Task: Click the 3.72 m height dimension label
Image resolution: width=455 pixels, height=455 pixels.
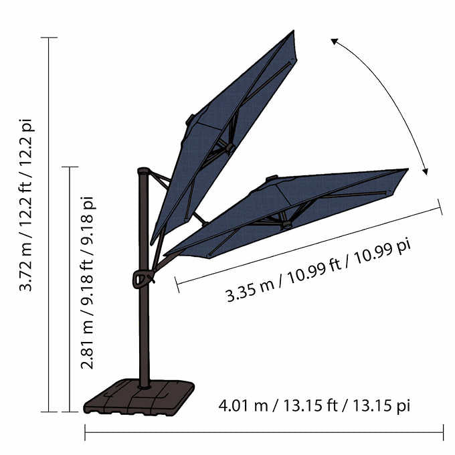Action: tap(26, 205)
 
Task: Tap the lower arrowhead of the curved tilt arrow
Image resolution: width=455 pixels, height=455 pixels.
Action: tap(425, 173)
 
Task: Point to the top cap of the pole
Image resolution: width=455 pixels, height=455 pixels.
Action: tap(142, 171)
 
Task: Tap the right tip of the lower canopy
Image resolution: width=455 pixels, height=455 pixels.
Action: tap(407, 170)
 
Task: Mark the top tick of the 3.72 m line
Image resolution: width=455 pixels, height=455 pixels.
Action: tap(49, 37)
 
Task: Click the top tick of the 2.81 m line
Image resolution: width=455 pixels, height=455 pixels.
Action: tap(70, 167)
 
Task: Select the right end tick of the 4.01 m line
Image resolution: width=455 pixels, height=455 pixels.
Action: tap(443, 432)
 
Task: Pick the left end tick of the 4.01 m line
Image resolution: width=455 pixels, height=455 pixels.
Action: tap(85, 432)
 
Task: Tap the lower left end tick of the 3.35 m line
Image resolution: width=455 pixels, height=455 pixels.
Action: tap(177, 284)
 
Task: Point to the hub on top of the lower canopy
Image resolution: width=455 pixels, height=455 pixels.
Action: tap(271, 178)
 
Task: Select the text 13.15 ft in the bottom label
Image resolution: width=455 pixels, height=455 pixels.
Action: tap(314, 405)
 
